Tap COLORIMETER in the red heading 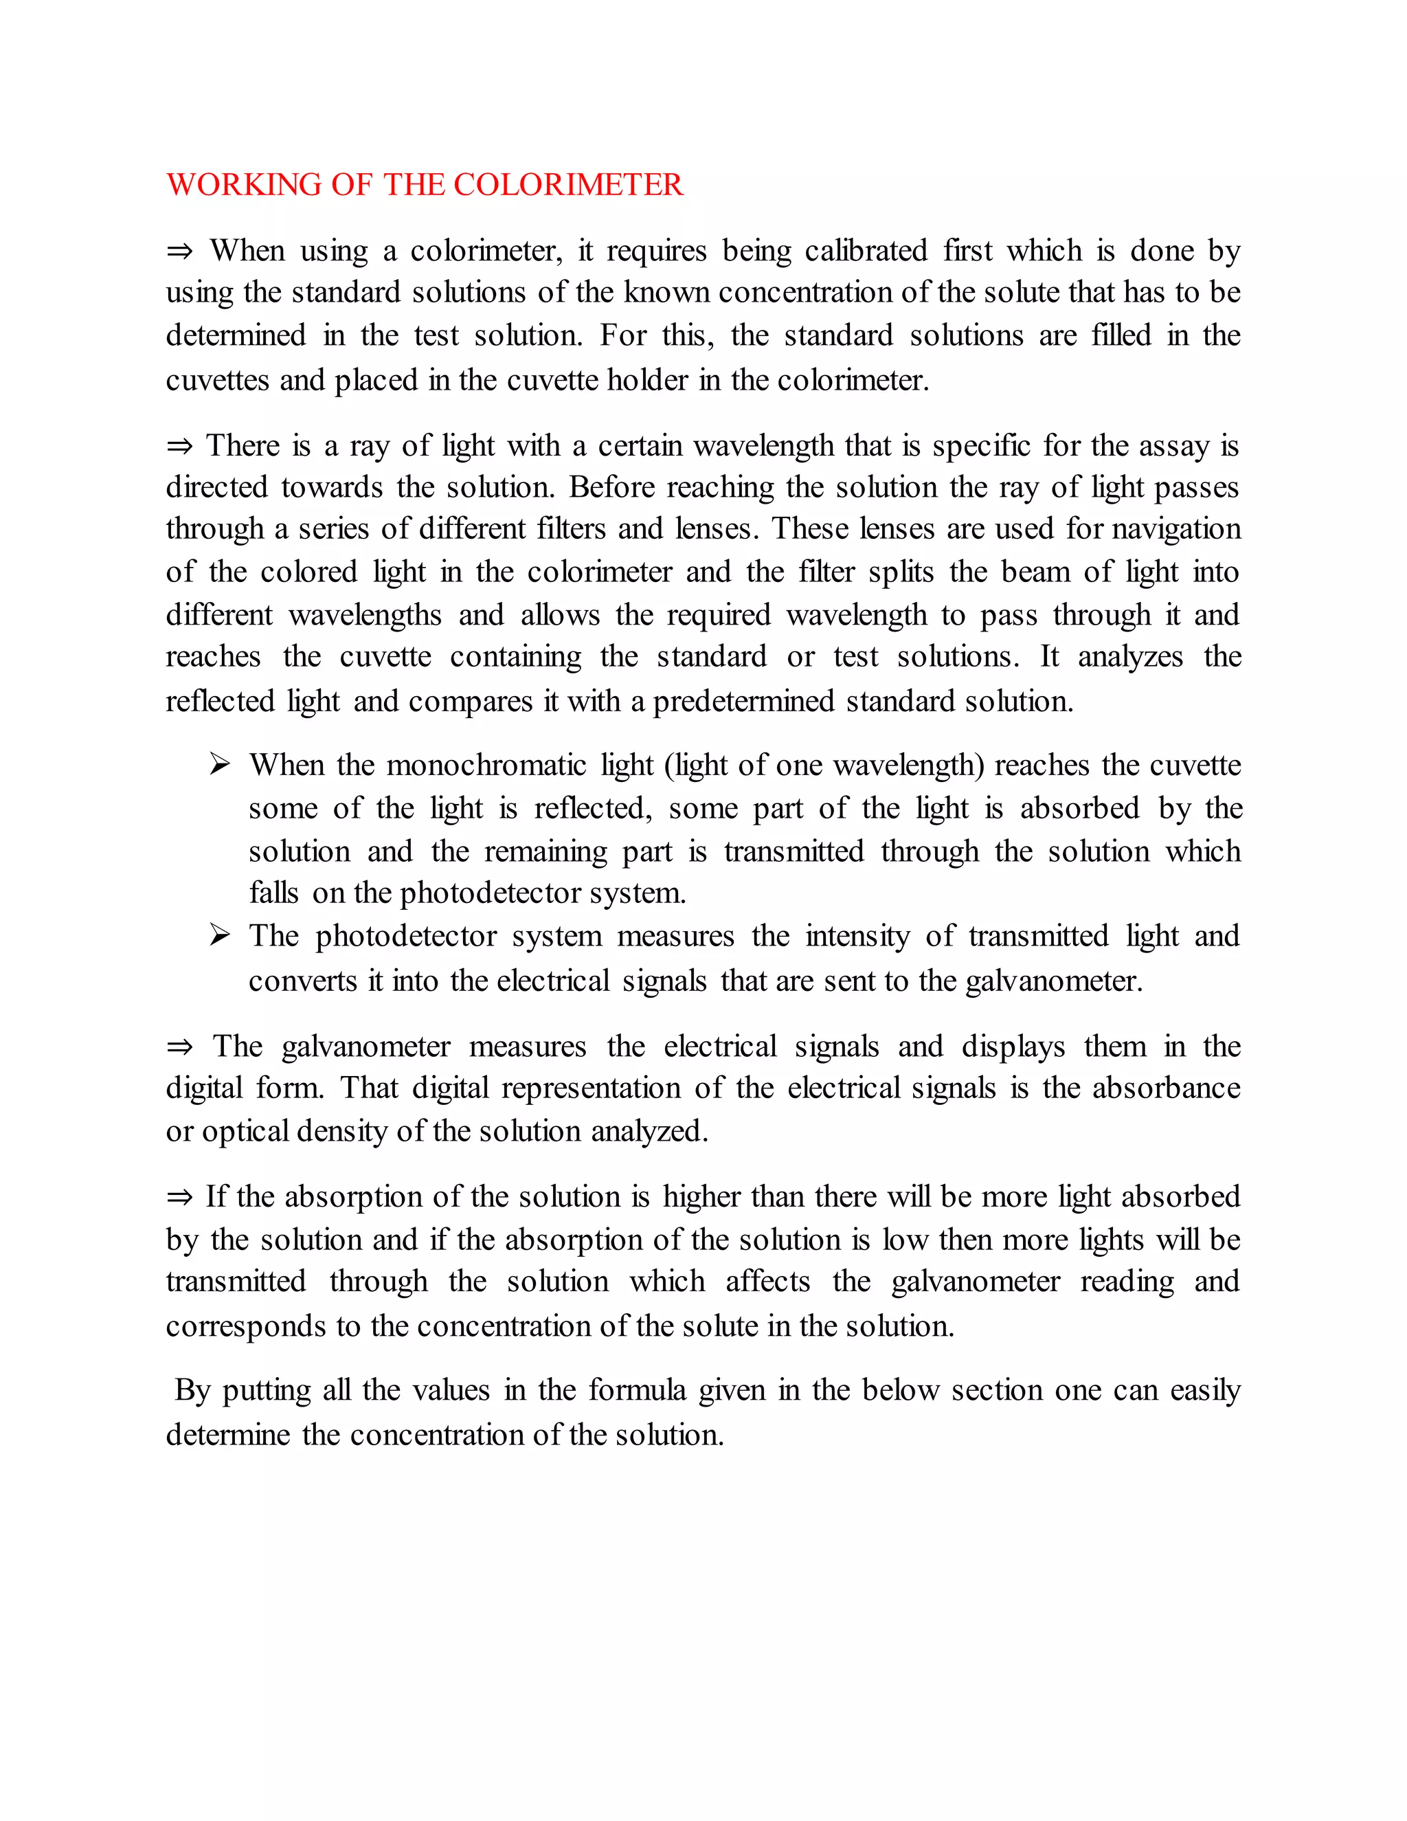click(x=567, y=184)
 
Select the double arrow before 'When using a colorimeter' click(x=179, y=251)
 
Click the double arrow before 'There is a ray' click(x=179, y=446)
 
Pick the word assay click(x=1173, y=446)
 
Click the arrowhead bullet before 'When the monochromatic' click(x=220, y=763)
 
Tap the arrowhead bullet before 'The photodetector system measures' click(x=220, y=935)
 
